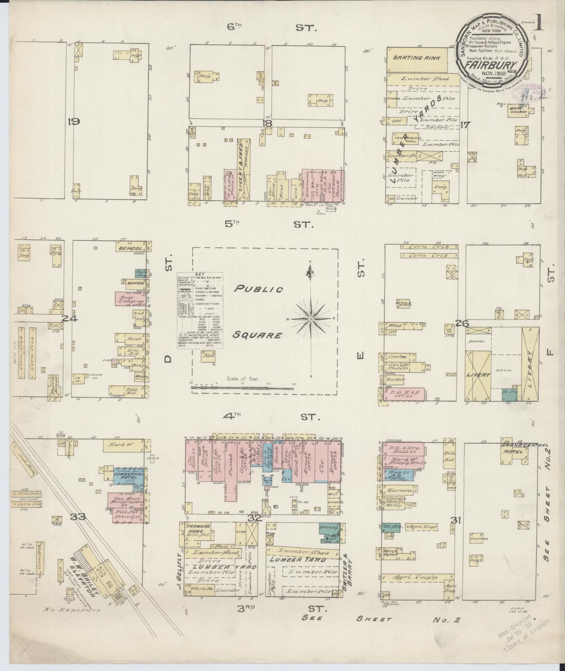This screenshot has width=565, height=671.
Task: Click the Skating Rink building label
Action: click(x=417, y=58)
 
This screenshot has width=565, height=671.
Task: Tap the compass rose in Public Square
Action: click(x=311, y=319)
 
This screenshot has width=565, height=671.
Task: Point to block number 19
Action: click(x=73, y=122)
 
